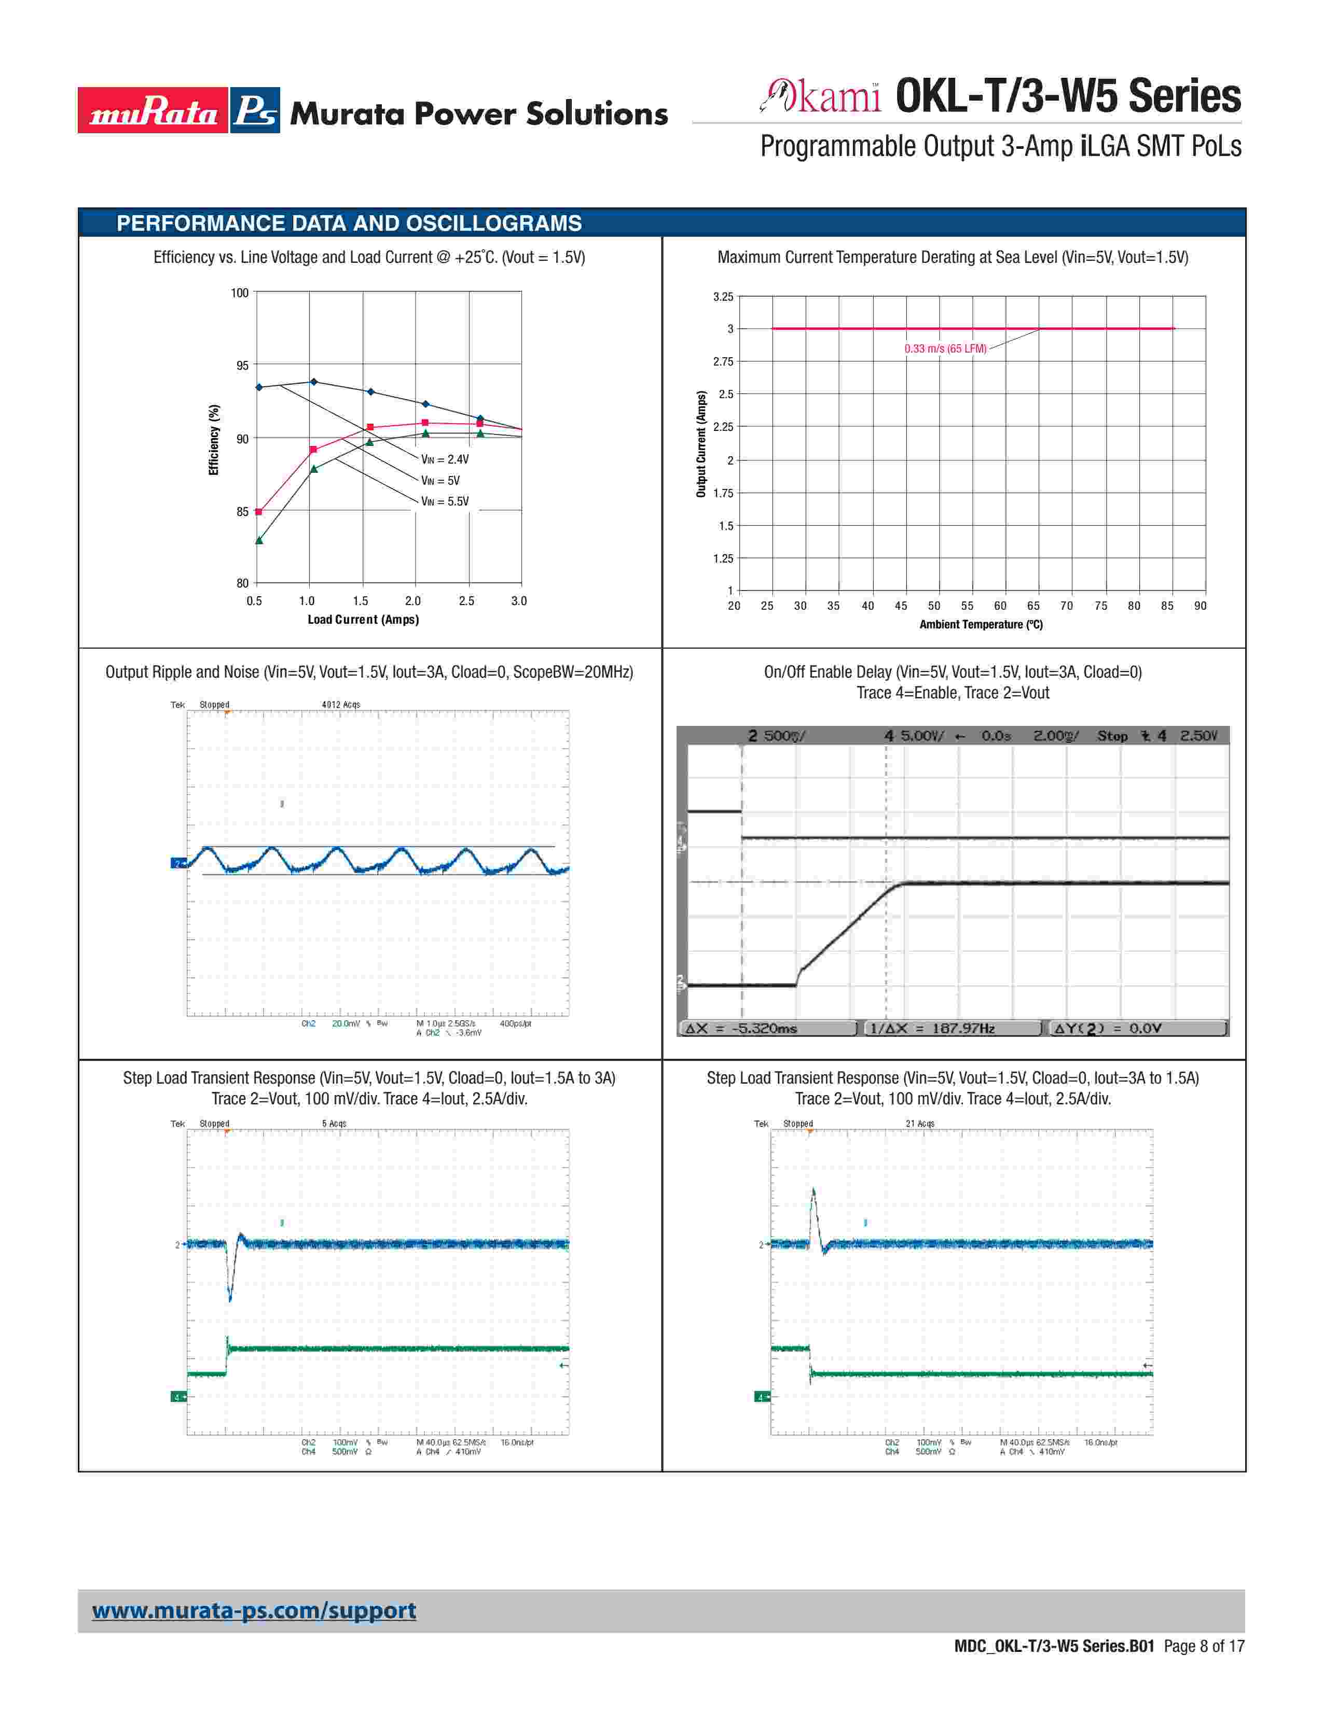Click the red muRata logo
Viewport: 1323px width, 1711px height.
click(153, 110)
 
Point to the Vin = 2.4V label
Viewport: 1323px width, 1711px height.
click(445, 459)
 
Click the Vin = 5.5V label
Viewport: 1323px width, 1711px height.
click(445, 501)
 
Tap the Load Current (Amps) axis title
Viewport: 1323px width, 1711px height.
click(363, 620)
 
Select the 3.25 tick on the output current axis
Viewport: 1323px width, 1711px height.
click(723, 297)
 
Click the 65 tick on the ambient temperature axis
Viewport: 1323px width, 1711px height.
click(1033, 606)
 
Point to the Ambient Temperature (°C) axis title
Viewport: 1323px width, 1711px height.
click(981, 624)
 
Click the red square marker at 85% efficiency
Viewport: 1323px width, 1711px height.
click(259, 512)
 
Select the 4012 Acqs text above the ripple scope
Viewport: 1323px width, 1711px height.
click(340, 704)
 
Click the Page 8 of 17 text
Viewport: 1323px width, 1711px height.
click(1204, 1646)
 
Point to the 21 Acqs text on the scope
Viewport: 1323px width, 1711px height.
click(920, 1124)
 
